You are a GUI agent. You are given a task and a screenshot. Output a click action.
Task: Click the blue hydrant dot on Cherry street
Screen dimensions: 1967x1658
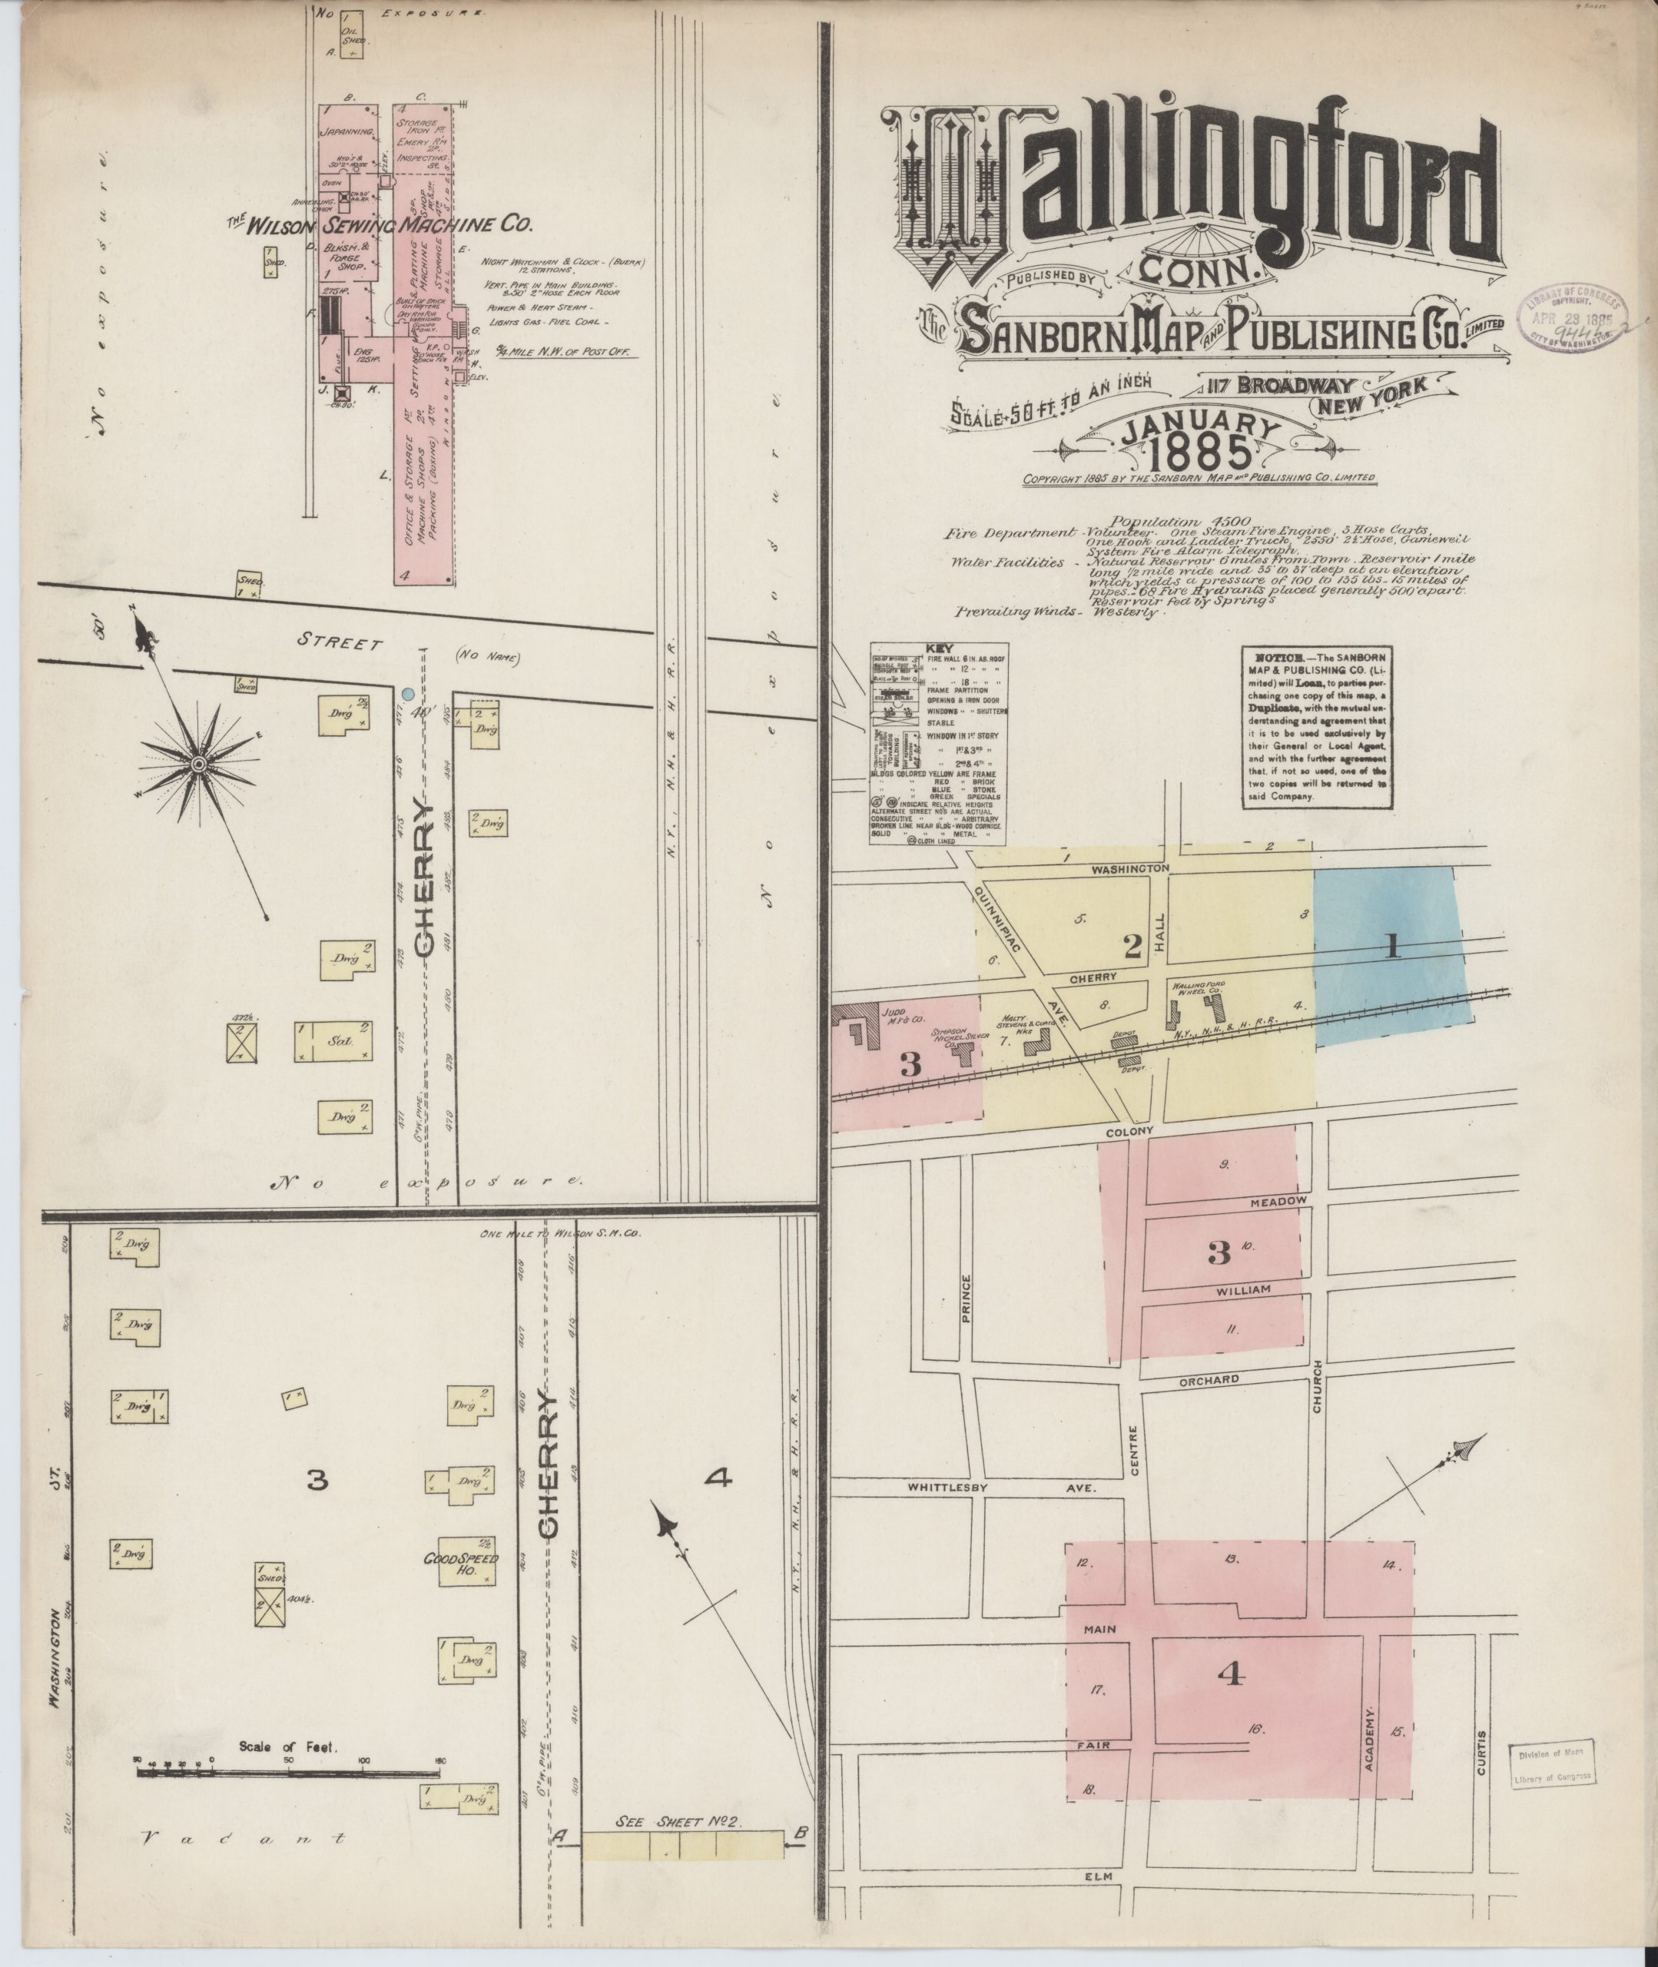(x=408, y=694)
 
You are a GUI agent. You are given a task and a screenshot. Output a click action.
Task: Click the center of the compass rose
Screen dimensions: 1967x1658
(x=198, y=765)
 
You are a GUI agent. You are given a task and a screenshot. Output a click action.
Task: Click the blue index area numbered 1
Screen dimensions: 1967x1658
(x=1391, y=949)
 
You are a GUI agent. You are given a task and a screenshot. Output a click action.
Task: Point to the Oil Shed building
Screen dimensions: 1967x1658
(x=353, y=37)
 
